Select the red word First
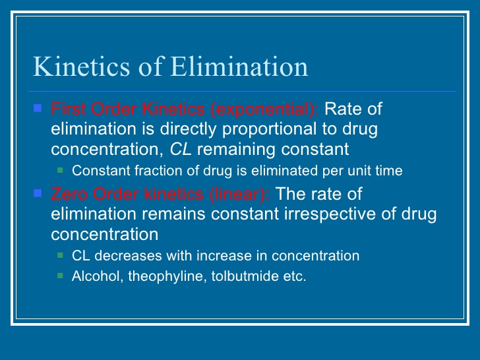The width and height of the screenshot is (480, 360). pos(65,109)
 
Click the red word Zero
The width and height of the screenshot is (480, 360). pos(66,195)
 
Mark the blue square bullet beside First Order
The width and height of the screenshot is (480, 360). pos(38,107)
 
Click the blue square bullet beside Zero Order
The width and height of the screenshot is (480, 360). pos(38,193)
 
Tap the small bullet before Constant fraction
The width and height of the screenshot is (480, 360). pos(61,170)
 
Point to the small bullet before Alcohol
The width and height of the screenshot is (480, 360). pos(61,276)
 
